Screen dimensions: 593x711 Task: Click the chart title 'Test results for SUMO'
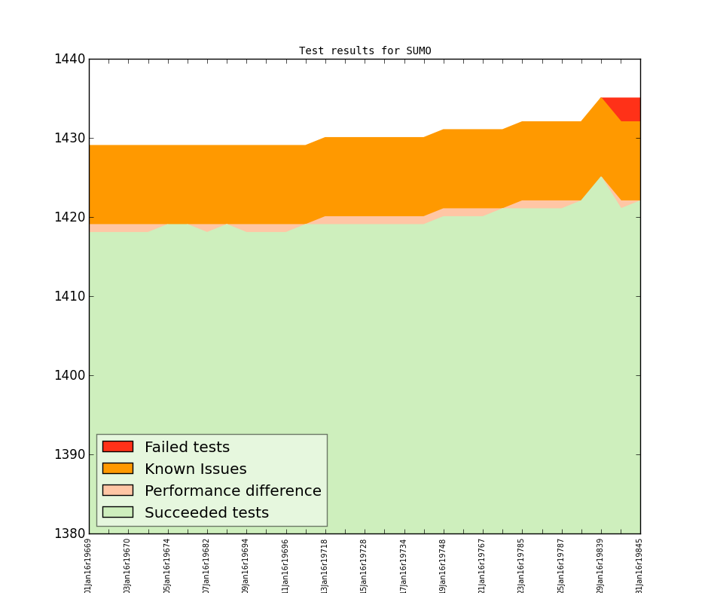[x=365, y=51]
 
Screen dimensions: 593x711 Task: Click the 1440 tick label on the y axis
[x=69, y=59]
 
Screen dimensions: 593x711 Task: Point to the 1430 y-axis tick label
[x=69, y=138]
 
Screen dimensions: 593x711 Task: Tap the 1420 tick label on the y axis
[x=69, y=217]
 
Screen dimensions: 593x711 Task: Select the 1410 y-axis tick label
[x=69, y=296]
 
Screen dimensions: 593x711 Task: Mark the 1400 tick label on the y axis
[x=69, y=375]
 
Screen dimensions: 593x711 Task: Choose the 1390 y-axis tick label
[x=69, y=454]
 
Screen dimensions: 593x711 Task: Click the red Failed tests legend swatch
[x=117, y=447]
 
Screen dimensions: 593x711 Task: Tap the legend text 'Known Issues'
[x=195, y=469]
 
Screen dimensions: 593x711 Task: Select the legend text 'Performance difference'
[x=233, y=491]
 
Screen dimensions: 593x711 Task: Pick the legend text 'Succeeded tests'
[x=206, y=513]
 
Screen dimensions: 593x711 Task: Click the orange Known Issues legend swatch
[x=117, y=469]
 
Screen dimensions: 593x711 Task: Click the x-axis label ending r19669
[x=89, y=566]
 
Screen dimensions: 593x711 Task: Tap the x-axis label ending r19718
[x=325, y=566]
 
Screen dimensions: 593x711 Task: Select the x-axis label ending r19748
[x=443, y=566]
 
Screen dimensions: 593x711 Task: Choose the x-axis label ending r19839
[x=600, y=566]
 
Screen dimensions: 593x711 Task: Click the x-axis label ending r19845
[x=639, y=566]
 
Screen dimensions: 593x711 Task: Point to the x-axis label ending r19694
[x=246, y=566]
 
